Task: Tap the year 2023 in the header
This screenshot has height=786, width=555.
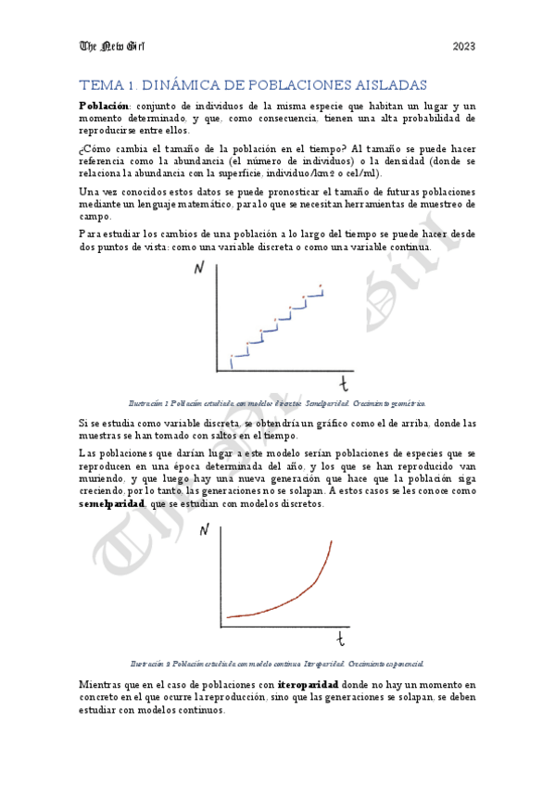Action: coord(463,46)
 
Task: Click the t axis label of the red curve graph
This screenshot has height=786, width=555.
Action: coord(341,639)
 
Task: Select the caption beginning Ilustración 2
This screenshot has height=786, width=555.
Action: coord(277,664)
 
